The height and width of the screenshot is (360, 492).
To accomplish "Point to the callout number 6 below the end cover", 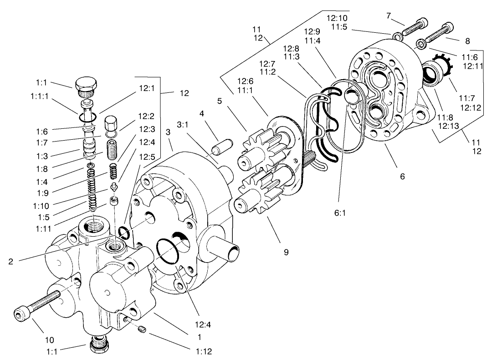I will (x=402, y=176).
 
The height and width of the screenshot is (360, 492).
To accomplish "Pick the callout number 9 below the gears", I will (x=286, y=252).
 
